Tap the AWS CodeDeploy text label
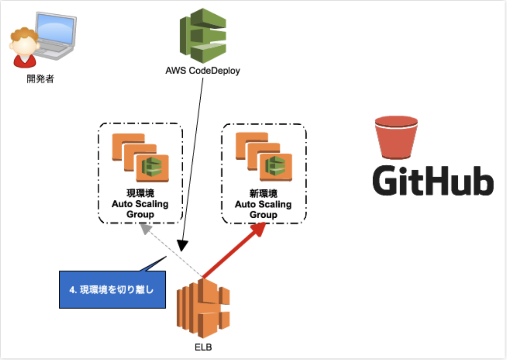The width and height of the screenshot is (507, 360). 203,72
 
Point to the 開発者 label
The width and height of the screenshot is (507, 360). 40,79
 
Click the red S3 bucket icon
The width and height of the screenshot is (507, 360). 396,137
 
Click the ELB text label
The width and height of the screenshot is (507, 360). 203,347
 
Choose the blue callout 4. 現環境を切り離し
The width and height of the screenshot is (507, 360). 112,290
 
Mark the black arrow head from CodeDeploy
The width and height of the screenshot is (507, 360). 182,246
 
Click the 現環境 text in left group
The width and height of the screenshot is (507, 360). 140,194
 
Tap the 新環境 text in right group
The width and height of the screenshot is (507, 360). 263,194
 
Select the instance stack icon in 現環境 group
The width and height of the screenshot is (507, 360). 140,157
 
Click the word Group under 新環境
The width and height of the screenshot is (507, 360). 263,215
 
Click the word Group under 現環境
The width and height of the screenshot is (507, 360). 140,215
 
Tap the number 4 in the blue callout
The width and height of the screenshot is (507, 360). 72,290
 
